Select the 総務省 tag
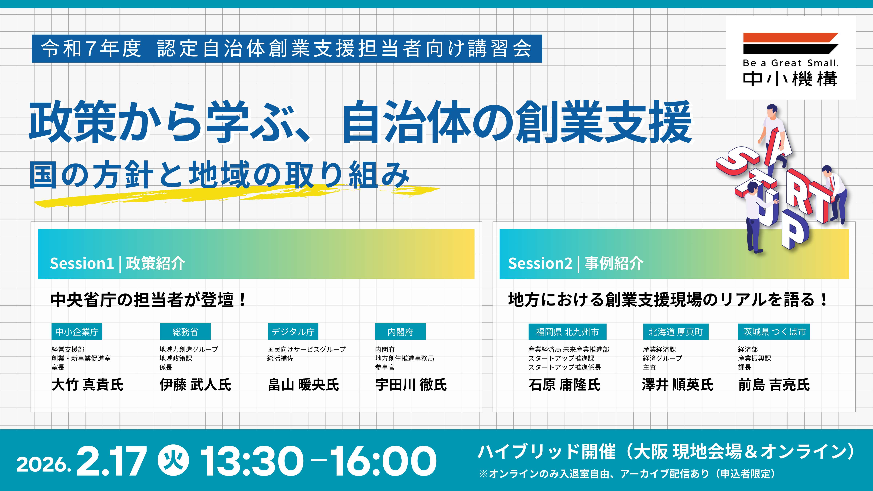pos(185,332)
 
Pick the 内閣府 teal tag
pos(400,332)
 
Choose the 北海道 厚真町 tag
pos(676,332)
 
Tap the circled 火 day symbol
pos(174,460)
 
